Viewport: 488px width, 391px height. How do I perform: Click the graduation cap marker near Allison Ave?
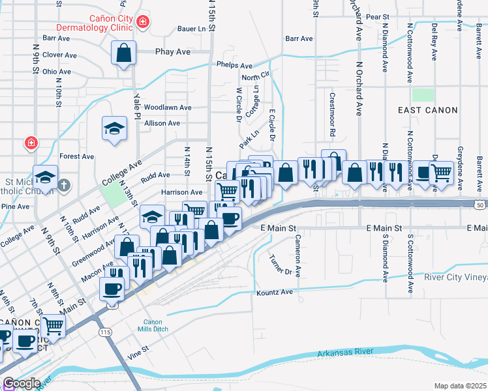(x=114, y=127)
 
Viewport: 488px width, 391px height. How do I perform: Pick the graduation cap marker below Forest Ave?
(x=46, y=176)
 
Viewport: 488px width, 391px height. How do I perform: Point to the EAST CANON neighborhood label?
(x=428, y=110)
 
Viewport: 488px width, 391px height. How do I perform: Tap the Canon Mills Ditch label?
(x=156, y=326)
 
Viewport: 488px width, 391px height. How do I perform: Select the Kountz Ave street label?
(x=277, y=293)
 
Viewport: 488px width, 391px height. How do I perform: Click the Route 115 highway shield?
(x=106, y=332)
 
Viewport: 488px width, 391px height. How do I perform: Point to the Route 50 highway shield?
(x=481, y=205)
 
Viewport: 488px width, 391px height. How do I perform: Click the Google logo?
(x=22, y=383)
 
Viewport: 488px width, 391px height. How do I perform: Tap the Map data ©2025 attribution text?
(x=460, y=386)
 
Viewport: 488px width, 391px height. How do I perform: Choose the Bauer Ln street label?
(x=196, y=29)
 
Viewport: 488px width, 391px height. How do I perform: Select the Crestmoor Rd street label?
(x=332, y=115)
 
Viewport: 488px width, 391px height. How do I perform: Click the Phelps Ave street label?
(x=234, y=66)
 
